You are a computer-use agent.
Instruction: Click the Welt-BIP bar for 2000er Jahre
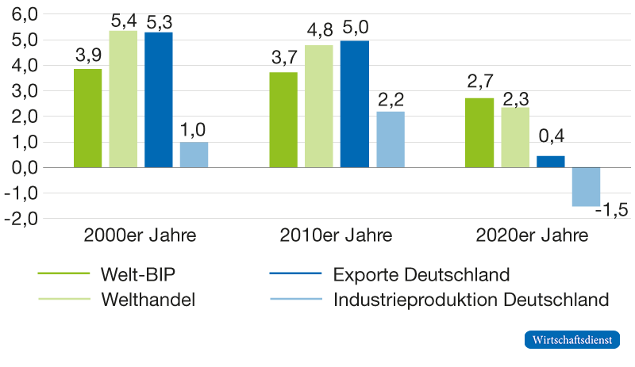[88, 118]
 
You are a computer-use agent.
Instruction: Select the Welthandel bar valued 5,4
[123, 99]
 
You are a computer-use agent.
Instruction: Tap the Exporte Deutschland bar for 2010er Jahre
[354, 104]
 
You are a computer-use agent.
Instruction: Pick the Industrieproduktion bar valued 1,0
[194, 155]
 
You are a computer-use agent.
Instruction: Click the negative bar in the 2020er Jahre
[586, 187]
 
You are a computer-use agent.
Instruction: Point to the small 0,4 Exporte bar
[551, 162]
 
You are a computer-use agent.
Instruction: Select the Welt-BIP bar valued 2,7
[479, 132]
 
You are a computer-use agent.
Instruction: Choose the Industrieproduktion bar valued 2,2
[390, 140]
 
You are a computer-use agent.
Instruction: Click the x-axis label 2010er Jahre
[337, 236]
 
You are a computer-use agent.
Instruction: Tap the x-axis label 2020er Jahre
[533, 236]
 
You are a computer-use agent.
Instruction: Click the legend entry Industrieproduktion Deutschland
[471, 300]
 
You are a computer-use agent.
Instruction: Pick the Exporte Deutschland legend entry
[421, 274]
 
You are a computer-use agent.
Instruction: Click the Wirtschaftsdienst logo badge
[571, 340]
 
